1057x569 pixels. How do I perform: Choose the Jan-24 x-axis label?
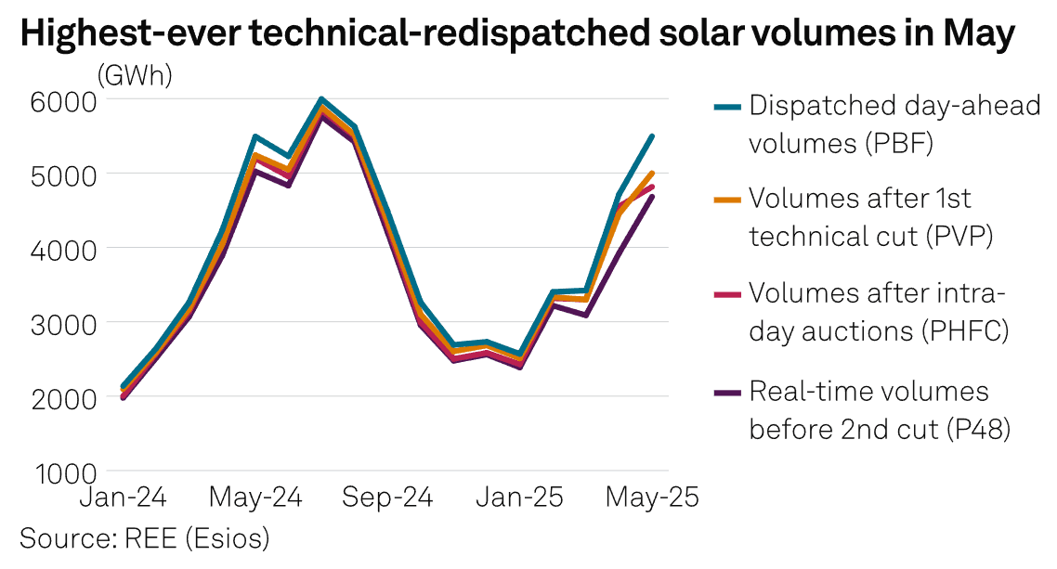(124, 498)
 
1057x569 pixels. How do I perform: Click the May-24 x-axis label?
(256, 498)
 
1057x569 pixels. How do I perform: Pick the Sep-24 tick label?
(388, 498)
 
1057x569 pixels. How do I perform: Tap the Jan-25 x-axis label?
(520, 498)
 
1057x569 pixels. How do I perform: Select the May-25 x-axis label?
(652, 498)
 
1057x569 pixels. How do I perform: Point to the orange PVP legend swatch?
(727, 200)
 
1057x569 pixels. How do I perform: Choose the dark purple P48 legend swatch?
(727, 392)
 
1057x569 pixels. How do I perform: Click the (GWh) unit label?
(135, 75)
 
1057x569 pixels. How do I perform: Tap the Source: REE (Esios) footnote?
(144, 537)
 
